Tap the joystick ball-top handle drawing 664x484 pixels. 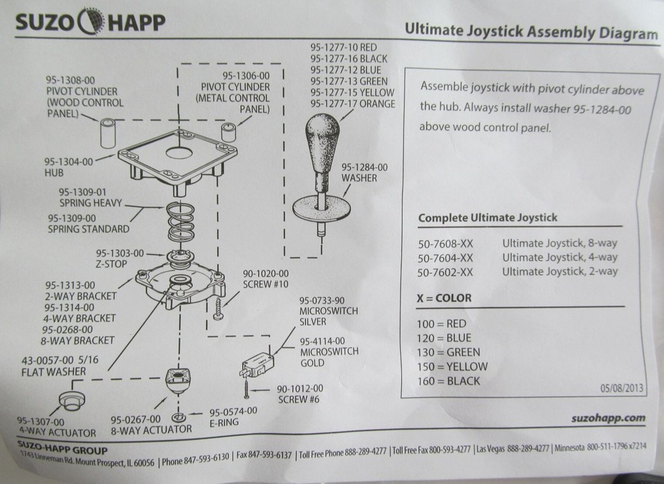[322, 142]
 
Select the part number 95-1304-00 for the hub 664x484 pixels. [68, 160]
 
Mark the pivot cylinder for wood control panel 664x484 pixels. [108, 132]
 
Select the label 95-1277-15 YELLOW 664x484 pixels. [352, 93]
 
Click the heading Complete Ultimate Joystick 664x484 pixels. [488, 218]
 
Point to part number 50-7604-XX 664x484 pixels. [445, 257]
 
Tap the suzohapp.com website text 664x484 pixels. [609, 418]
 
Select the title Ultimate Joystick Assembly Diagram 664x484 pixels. [530, 30]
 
